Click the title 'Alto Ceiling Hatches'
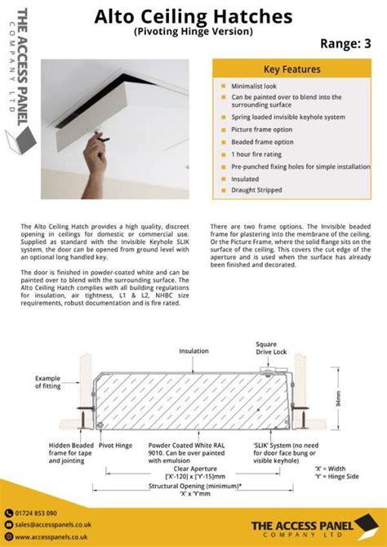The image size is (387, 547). pos(193,16)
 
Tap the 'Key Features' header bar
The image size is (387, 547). pos(291,69)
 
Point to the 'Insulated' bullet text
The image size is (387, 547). pos(249,178)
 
